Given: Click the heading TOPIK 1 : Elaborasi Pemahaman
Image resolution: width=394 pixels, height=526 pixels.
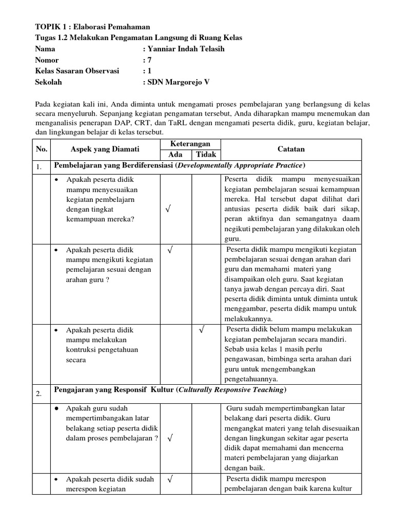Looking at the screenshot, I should click(92, 27).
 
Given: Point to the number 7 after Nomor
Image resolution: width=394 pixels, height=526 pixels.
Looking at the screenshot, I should click(150, 60).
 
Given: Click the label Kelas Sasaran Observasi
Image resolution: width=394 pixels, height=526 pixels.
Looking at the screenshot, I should click(76, 71).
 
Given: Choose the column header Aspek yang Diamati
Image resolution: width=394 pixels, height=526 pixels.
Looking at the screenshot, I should click(105, 149).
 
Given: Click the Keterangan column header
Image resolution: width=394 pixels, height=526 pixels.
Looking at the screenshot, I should click(190, 144).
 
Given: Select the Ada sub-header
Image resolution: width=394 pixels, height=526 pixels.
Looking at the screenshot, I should click(175, 155).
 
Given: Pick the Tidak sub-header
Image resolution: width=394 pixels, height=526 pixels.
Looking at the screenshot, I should click(206, 155).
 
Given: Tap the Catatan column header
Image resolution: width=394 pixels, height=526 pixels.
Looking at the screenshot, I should click(291, 149).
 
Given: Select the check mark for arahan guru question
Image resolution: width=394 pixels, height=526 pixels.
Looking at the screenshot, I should click(170, 250).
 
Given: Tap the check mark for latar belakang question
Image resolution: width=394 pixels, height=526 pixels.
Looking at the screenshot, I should click(170, 438).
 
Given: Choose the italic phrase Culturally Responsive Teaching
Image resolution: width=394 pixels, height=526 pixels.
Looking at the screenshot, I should click(230, 390).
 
